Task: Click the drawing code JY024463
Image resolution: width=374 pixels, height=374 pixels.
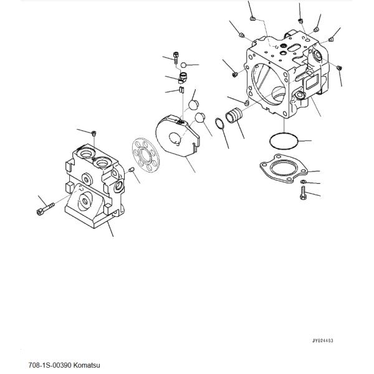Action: [x=323, y=340]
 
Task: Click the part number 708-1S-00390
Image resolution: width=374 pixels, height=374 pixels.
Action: [x=50, y=365]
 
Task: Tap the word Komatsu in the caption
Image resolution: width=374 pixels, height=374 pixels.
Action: [x=87, y=365]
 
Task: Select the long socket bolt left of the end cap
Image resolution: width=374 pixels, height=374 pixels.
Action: [x=46, y=208]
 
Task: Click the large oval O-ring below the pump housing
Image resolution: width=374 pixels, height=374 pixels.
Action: [x=284, y=141]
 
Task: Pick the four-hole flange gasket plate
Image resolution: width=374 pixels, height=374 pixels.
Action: [x=284, y=169]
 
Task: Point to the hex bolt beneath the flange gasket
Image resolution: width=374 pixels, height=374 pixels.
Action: [x=303, y=193]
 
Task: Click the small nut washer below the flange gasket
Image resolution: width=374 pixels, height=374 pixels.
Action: [x=303, y=182]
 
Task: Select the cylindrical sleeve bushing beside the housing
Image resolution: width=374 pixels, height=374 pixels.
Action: [x=234, y=115]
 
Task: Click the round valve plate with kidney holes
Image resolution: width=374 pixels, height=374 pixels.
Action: [x=146, y=155]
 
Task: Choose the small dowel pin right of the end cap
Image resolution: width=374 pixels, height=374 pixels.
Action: [x=132, y=170]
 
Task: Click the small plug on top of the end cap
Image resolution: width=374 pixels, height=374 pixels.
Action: [x=94, y=133]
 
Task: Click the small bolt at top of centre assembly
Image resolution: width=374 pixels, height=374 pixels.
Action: [x=176, y=57]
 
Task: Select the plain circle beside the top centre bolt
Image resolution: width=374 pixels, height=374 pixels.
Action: [x=183, y=65]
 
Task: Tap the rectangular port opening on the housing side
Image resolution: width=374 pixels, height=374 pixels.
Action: [x=310, y=82]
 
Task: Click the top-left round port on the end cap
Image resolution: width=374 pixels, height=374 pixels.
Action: [x=85, y=153]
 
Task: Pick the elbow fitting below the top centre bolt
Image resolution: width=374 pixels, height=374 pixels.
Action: [x=183, y=78]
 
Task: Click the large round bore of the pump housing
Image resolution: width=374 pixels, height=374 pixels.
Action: [x=267, y=85]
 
